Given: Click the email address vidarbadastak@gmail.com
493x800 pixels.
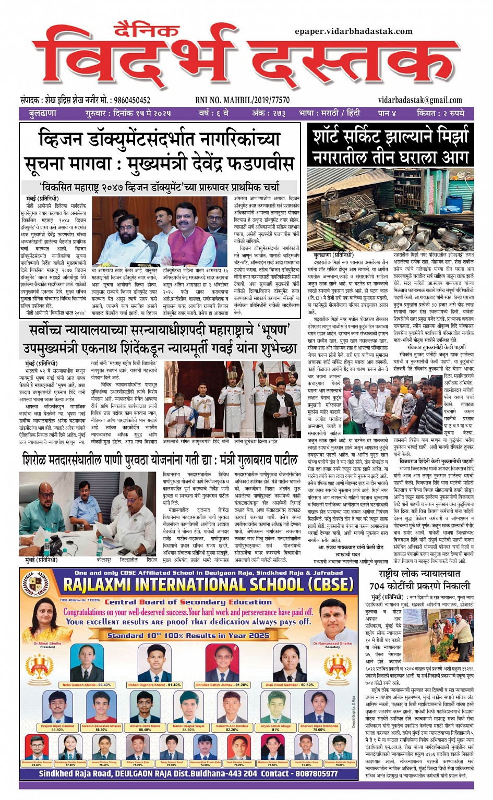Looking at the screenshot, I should point(420,100).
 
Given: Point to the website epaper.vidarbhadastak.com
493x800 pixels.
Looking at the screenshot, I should point(353,31).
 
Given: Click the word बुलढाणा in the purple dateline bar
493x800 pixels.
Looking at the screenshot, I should point(43,113).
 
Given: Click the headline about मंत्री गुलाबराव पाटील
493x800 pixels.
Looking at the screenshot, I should point(160,460).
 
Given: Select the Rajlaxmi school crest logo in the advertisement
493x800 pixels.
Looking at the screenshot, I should point(39,585).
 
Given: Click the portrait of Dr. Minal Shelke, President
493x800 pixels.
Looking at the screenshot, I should point(47,622).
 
